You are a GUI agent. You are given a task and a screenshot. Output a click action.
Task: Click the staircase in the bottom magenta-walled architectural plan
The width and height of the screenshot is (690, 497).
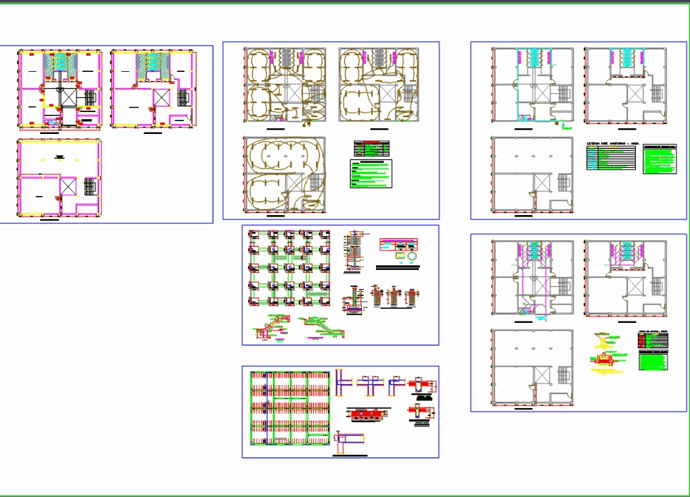[89, 186]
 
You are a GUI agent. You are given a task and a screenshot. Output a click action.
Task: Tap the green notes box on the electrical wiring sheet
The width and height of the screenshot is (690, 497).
[371, 174]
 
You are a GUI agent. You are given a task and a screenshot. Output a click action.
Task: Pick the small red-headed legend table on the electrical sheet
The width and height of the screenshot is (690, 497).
[372, 148]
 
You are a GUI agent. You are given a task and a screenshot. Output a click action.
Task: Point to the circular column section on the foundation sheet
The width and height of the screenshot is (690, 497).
[411, 259]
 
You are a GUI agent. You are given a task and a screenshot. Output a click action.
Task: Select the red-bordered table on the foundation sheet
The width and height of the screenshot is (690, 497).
[398, 245]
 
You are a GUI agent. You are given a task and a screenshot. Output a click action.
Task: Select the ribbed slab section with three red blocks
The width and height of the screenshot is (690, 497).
[365, 413]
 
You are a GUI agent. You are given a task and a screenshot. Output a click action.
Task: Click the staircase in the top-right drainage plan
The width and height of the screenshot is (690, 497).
[658, 285]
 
